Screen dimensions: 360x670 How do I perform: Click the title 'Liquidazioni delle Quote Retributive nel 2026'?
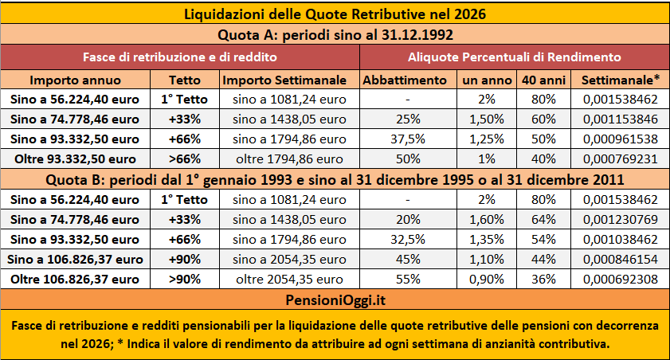coord(335,14)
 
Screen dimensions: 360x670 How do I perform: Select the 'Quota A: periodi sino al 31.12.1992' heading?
coord(335,35)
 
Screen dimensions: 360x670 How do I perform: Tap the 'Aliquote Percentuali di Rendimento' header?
coord(514,57)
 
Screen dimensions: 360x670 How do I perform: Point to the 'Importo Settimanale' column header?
coord(284,80)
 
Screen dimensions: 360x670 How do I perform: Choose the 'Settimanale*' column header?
coord(621,80)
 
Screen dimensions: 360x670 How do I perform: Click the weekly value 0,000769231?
coord(621,157)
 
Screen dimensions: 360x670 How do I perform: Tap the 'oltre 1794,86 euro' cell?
coord(284,157)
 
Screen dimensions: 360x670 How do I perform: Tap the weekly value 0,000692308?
coord(621,279)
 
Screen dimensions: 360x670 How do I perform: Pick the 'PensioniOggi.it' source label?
coord(335,299)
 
